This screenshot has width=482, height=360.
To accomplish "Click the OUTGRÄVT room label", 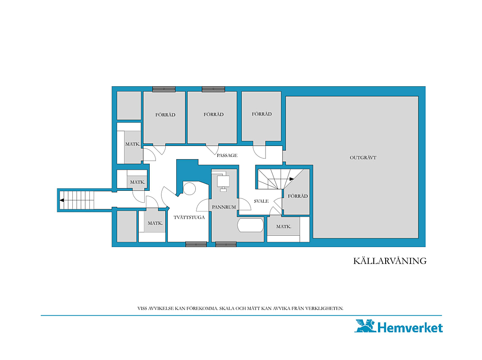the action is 363,157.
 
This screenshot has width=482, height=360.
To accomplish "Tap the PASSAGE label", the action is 227,155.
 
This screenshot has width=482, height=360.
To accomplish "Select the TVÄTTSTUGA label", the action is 189,217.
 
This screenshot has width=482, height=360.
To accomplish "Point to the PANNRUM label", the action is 224,207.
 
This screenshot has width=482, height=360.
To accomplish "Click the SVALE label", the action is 261,201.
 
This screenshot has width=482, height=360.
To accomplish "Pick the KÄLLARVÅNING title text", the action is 390,261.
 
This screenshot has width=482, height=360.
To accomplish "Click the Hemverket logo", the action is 399,327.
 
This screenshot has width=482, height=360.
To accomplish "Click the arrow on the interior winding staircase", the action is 291,179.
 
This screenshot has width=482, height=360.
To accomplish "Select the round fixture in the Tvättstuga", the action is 189,189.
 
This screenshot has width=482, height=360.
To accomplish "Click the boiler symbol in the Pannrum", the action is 223,181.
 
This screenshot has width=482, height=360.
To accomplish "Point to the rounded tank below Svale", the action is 251,225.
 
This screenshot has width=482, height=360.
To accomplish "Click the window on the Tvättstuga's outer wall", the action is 196,245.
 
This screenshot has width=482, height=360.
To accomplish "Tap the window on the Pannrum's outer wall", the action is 226,245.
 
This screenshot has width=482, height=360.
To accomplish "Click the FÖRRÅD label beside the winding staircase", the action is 298,196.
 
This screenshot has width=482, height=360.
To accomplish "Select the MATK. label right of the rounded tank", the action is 283,226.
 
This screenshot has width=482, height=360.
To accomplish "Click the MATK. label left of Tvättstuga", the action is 155,223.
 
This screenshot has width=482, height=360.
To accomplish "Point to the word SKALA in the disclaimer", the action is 227,308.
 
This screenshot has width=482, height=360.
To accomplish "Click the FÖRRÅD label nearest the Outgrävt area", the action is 298,196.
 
